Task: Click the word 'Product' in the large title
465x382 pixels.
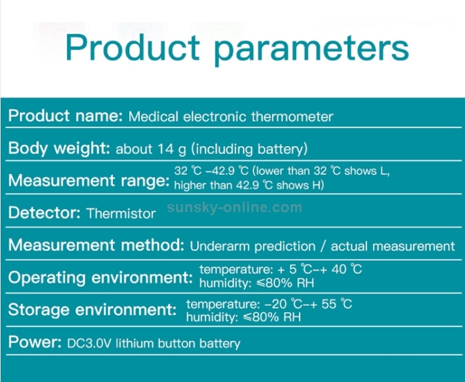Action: [x=132, y=47]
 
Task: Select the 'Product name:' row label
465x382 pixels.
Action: [x=66, y=115]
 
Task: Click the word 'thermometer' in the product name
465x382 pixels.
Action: [x=292, y=117]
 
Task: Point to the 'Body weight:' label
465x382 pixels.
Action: [x=59, y=148]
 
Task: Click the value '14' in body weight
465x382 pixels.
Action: [x=165, y=149]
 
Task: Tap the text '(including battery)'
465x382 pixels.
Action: [x=250, y=149]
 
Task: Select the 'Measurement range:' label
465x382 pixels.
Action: [x=89, y=180]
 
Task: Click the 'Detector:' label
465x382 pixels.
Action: [x=44, y=213]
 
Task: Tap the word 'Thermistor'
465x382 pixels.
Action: [x=121, y=213]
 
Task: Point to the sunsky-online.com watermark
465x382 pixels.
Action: [x=234, y=207]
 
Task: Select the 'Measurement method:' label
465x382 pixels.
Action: [x=96, y=245]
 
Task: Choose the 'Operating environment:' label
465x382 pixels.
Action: [x=100, y=278]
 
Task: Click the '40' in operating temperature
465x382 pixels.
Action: [x=339, y=269]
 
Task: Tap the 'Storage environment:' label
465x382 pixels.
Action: [x=92, y=310]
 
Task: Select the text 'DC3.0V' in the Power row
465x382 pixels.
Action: [x=89, y=343]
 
